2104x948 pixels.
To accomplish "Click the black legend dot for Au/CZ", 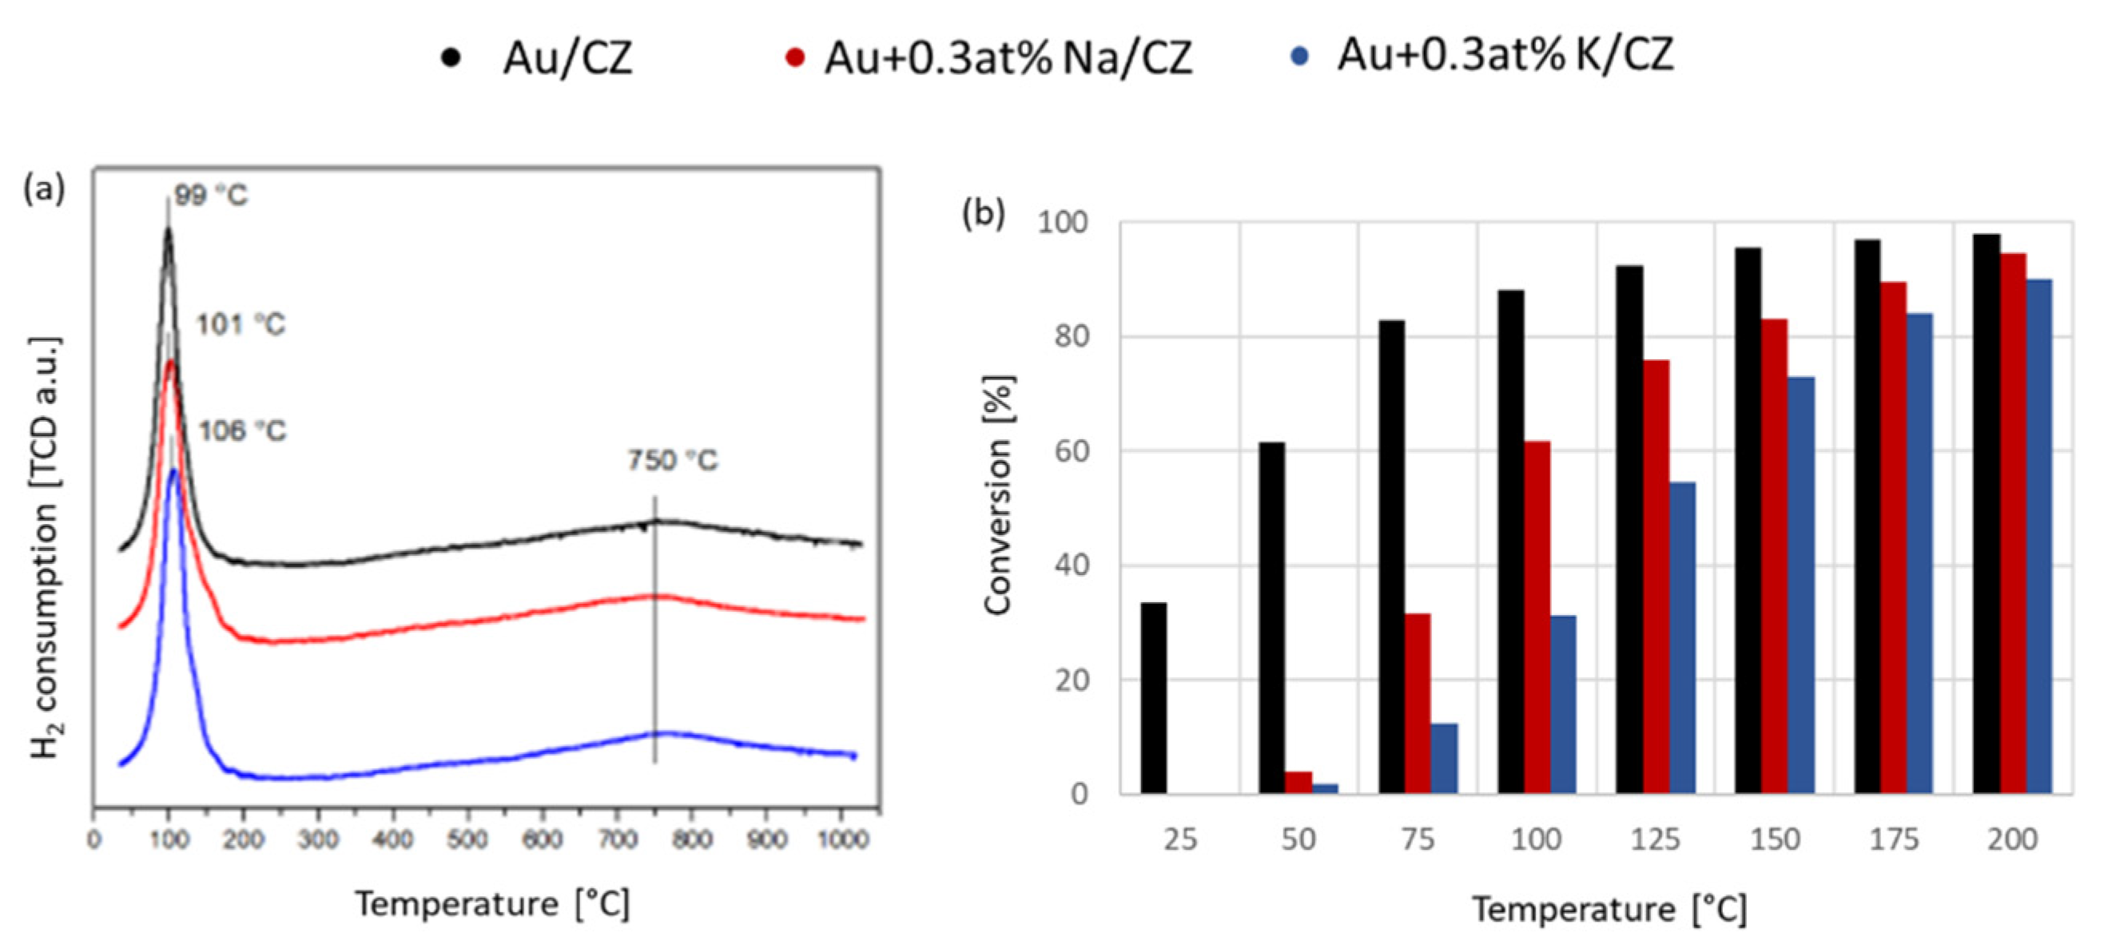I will point(450,58).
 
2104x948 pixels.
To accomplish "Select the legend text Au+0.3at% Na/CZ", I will point(1007,59).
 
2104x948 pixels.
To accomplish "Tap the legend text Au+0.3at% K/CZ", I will point(1505,56).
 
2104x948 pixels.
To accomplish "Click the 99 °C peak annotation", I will point(210,196).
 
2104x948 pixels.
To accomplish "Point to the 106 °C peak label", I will point(243,430).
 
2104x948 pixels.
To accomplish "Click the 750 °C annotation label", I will point(672,461).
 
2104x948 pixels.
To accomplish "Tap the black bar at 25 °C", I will point(1153,697).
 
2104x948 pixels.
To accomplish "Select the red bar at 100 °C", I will point(1537,617).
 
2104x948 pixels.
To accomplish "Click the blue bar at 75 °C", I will point(1443,758).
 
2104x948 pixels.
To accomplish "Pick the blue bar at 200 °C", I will point(2038,536).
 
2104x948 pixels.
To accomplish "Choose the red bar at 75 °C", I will point(1417,703).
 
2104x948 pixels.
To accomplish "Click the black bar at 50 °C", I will point(1271,617).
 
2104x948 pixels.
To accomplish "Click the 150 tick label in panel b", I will point(1774,839).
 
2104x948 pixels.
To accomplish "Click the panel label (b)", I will point(984,213).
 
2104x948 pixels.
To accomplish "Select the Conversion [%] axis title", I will point(998,495).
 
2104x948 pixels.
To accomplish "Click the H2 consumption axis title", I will point(46,547).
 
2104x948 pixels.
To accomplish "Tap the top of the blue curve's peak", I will point(173,471).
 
